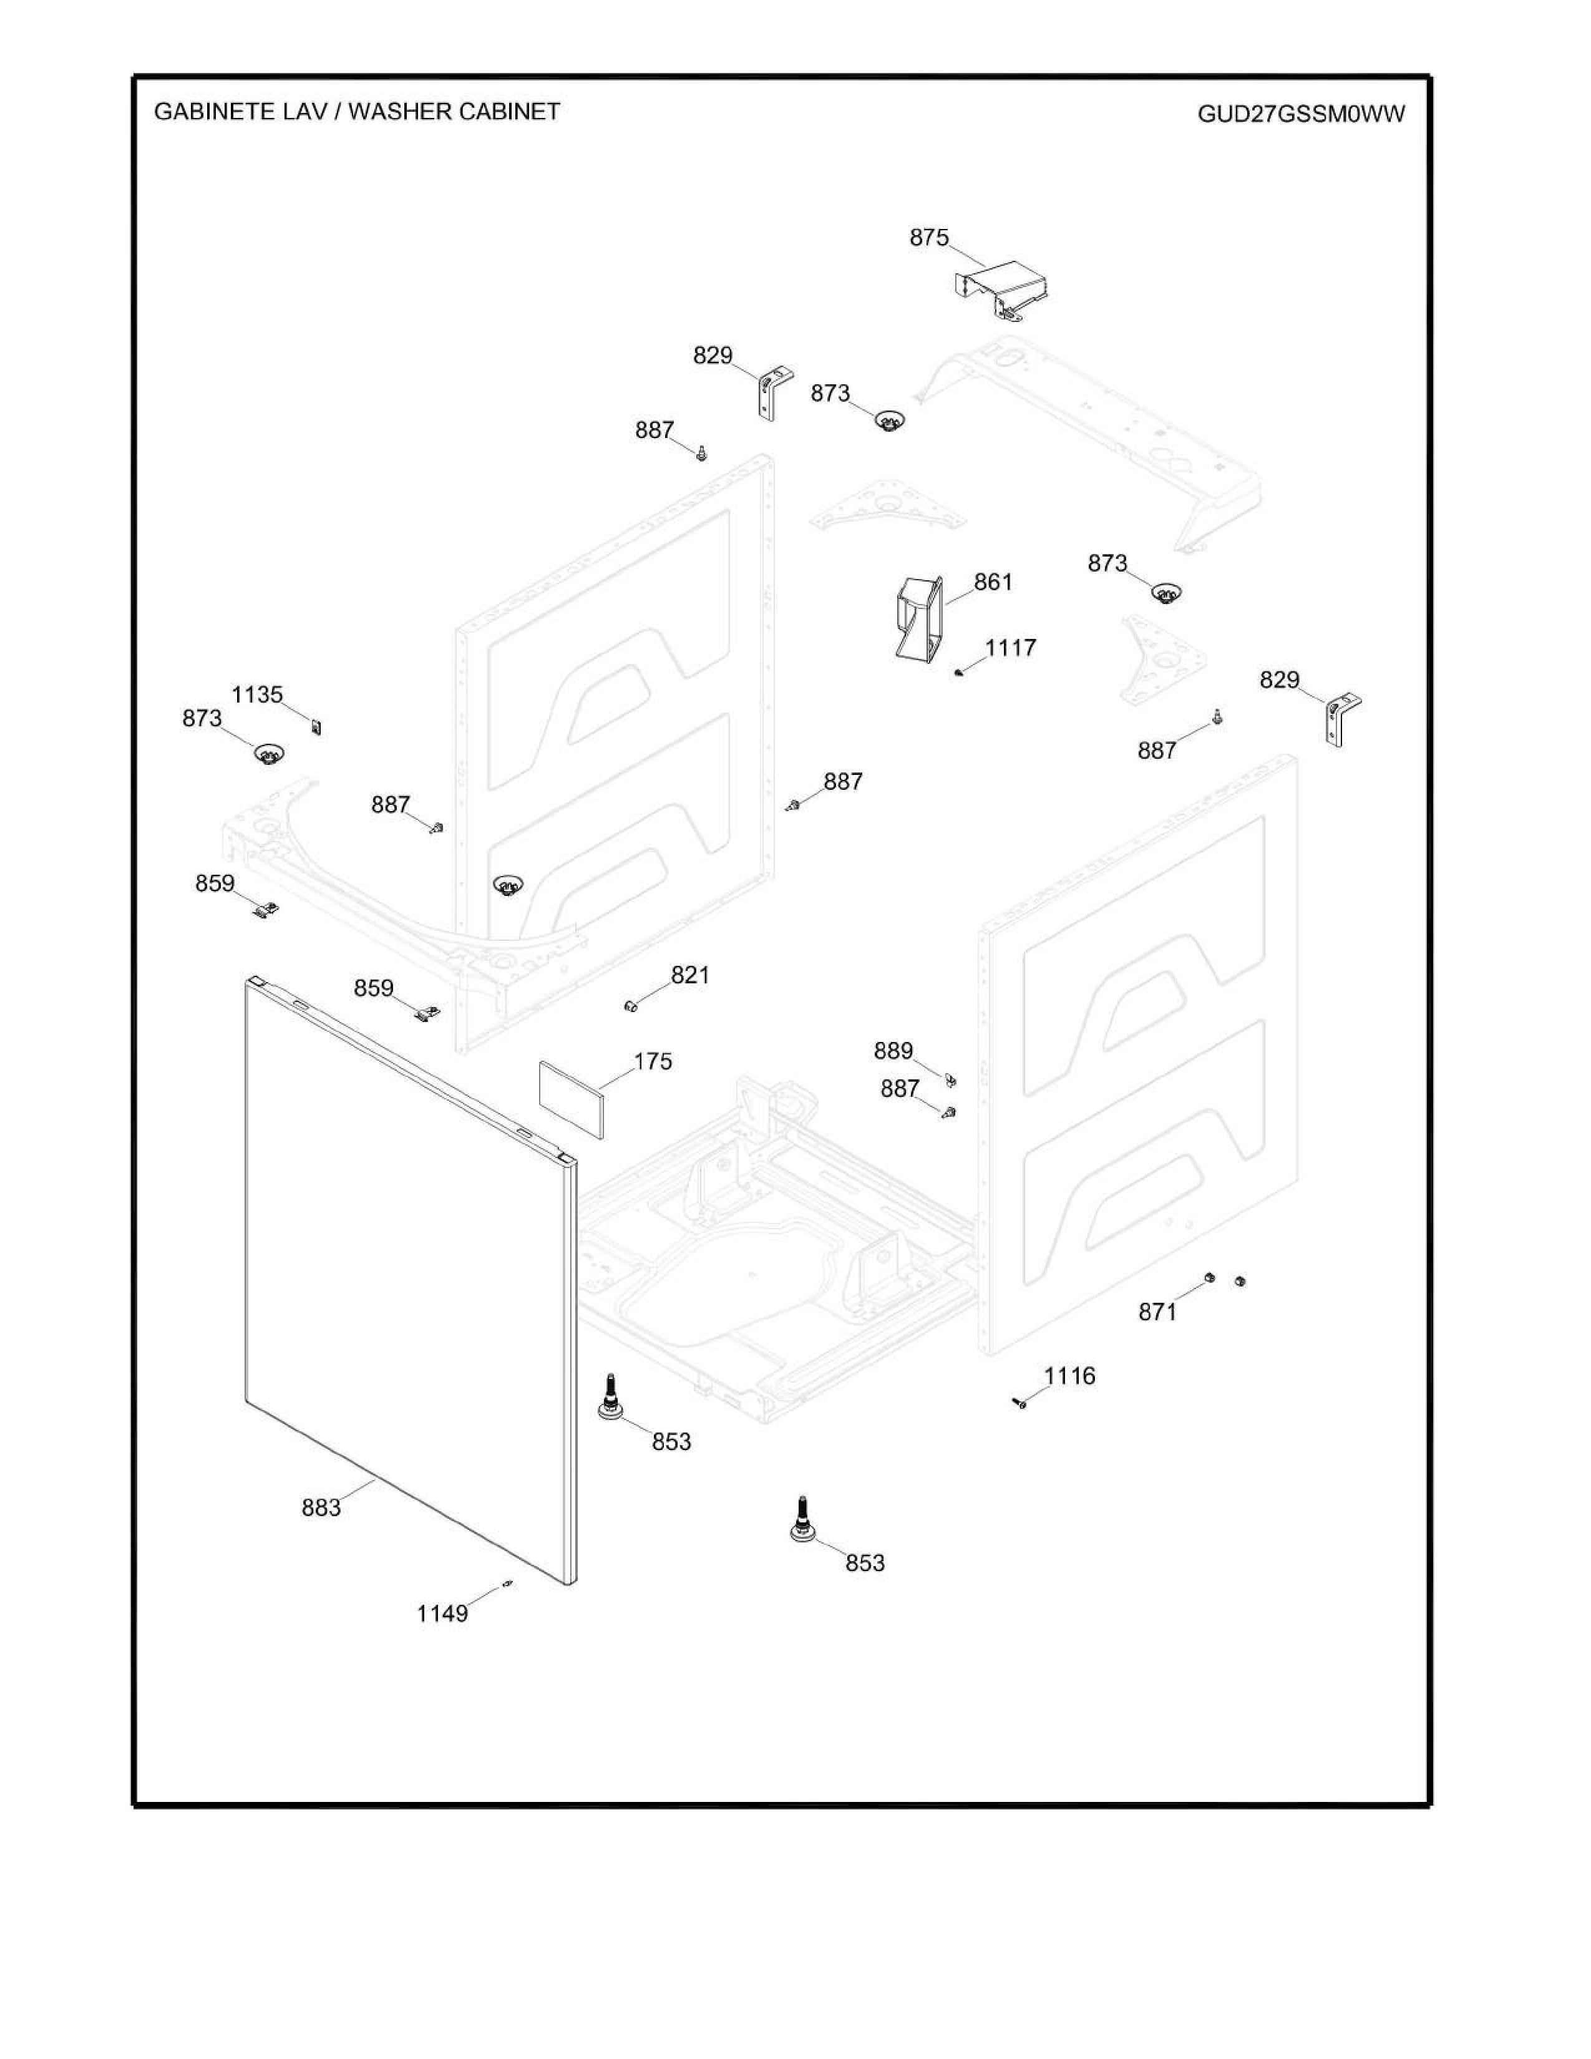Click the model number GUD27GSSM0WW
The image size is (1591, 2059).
[x=1301, y=114]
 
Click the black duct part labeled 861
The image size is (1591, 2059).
[x=917, y=618]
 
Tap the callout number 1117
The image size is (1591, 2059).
[x=1010, y=648]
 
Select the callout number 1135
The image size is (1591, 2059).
[x=257, y=695]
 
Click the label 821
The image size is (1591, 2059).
[x=690, y=975]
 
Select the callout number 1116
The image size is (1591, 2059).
[x=1070, y=1376]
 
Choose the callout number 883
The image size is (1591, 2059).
[x=321, y=1507]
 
